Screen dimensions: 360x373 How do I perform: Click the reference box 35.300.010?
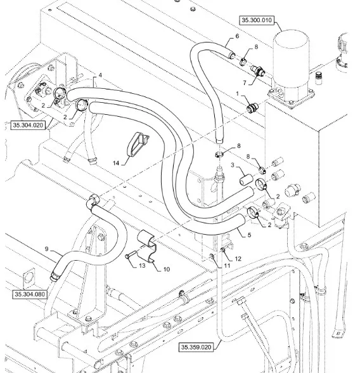pos(257,20)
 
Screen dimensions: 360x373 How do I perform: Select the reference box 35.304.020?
pos(28,126)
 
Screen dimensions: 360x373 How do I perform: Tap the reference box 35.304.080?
pos(30,294)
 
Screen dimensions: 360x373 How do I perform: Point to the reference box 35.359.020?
pos(196,347)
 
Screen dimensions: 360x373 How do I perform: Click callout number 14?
pos(116,163)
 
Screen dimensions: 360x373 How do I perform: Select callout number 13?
pos(142,265)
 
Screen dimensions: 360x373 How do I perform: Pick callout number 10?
pos(167,269)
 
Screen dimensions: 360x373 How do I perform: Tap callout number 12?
pos(238,259)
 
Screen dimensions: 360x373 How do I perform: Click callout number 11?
pos(228,265)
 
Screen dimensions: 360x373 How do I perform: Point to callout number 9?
pos(46,249)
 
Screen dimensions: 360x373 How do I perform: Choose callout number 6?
pos(237,36)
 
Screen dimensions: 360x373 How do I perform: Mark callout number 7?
pos(245,82)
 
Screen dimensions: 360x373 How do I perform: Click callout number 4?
pos(100,75)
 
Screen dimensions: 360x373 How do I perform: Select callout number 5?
pos(249,235)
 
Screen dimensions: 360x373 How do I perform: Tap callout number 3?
pos(233,165)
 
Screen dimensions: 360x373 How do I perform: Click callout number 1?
pos(237,94)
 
